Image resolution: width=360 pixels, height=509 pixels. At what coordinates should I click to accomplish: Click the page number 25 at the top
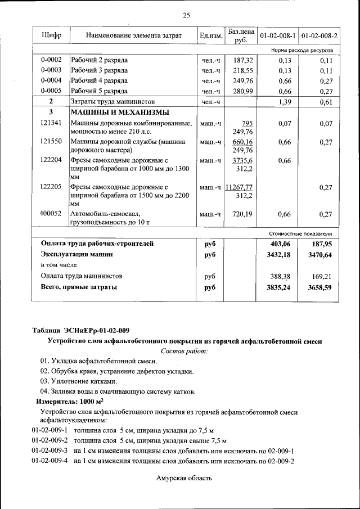coord(186,15)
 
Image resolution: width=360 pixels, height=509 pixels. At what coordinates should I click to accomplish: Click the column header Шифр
coord(52,35)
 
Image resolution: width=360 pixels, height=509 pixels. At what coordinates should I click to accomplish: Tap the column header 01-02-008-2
coord(319,35)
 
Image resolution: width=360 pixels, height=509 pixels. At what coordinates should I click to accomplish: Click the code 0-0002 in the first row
coord(52,60)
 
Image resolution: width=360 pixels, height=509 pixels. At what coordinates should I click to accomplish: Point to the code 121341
coord(52,123)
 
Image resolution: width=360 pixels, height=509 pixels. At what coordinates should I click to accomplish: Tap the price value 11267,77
coord(238,187)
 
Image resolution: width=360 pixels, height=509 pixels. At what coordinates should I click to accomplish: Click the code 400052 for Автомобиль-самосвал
coord(52,214)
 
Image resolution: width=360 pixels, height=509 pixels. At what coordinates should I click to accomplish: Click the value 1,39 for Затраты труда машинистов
coord(285,102)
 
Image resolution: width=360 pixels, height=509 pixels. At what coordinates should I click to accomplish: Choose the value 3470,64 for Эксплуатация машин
coord(321,255)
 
